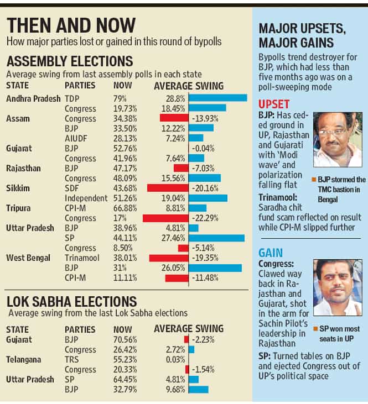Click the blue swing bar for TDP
[218, 98]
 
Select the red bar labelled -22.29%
[165, 218]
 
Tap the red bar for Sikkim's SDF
[168, 188]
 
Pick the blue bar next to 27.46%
[216, 238]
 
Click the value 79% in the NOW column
[120, 99]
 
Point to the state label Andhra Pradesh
[33, 99]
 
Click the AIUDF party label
[76, 139]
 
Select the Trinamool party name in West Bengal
[82, 258]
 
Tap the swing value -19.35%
[205, 258]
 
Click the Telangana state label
[23, 360]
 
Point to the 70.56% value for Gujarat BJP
[125, 340]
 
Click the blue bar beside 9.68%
[199, 390]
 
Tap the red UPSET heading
[274, 104]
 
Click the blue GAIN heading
[271, 253]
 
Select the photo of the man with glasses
[338, 140]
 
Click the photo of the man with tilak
[338, 287]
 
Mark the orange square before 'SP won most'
[315, 328]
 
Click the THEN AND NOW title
[71, 25]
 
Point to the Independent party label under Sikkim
[86, 198]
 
